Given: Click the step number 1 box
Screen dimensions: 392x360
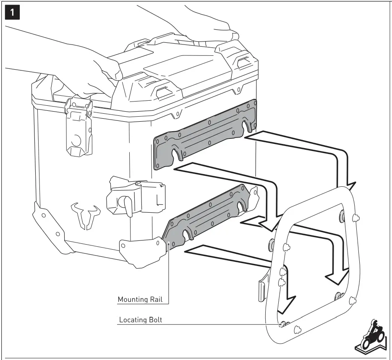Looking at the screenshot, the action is [12, 12].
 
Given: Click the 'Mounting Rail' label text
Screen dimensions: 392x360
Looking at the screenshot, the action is [140, 300].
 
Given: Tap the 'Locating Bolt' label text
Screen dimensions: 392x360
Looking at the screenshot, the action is [141, 320].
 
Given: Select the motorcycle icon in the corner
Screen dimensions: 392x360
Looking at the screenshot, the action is [370, 337].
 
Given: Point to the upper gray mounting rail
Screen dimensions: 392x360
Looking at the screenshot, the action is [205, 135].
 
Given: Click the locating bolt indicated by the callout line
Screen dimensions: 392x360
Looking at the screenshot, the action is [283, 324].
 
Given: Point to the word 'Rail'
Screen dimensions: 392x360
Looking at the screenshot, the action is [156, 300].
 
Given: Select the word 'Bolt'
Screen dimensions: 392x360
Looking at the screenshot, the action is [155, 320].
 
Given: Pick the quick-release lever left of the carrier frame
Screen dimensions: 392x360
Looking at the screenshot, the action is [262, 287].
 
